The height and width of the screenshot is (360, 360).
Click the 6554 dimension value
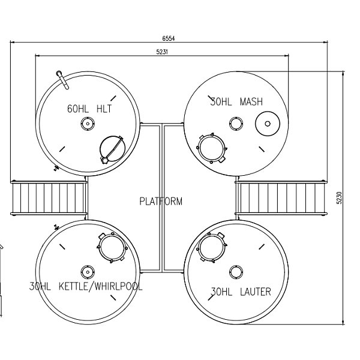tap(169, 38)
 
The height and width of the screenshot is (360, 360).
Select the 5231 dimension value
tap(162, 52)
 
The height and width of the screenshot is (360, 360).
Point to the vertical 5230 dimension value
tap(339, 197)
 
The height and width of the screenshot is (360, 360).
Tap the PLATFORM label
tap(161, 201)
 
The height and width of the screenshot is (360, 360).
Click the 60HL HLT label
tap(89, 109)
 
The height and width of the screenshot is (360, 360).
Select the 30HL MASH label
tap(236, 101)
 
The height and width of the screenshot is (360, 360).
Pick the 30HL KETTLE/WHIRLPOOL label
tap(86, 286)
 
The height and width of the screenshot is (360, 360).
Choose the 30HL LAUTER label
tap(241, 292)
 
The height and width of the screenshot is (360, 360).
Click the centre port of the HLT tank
tap(88, 124)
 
